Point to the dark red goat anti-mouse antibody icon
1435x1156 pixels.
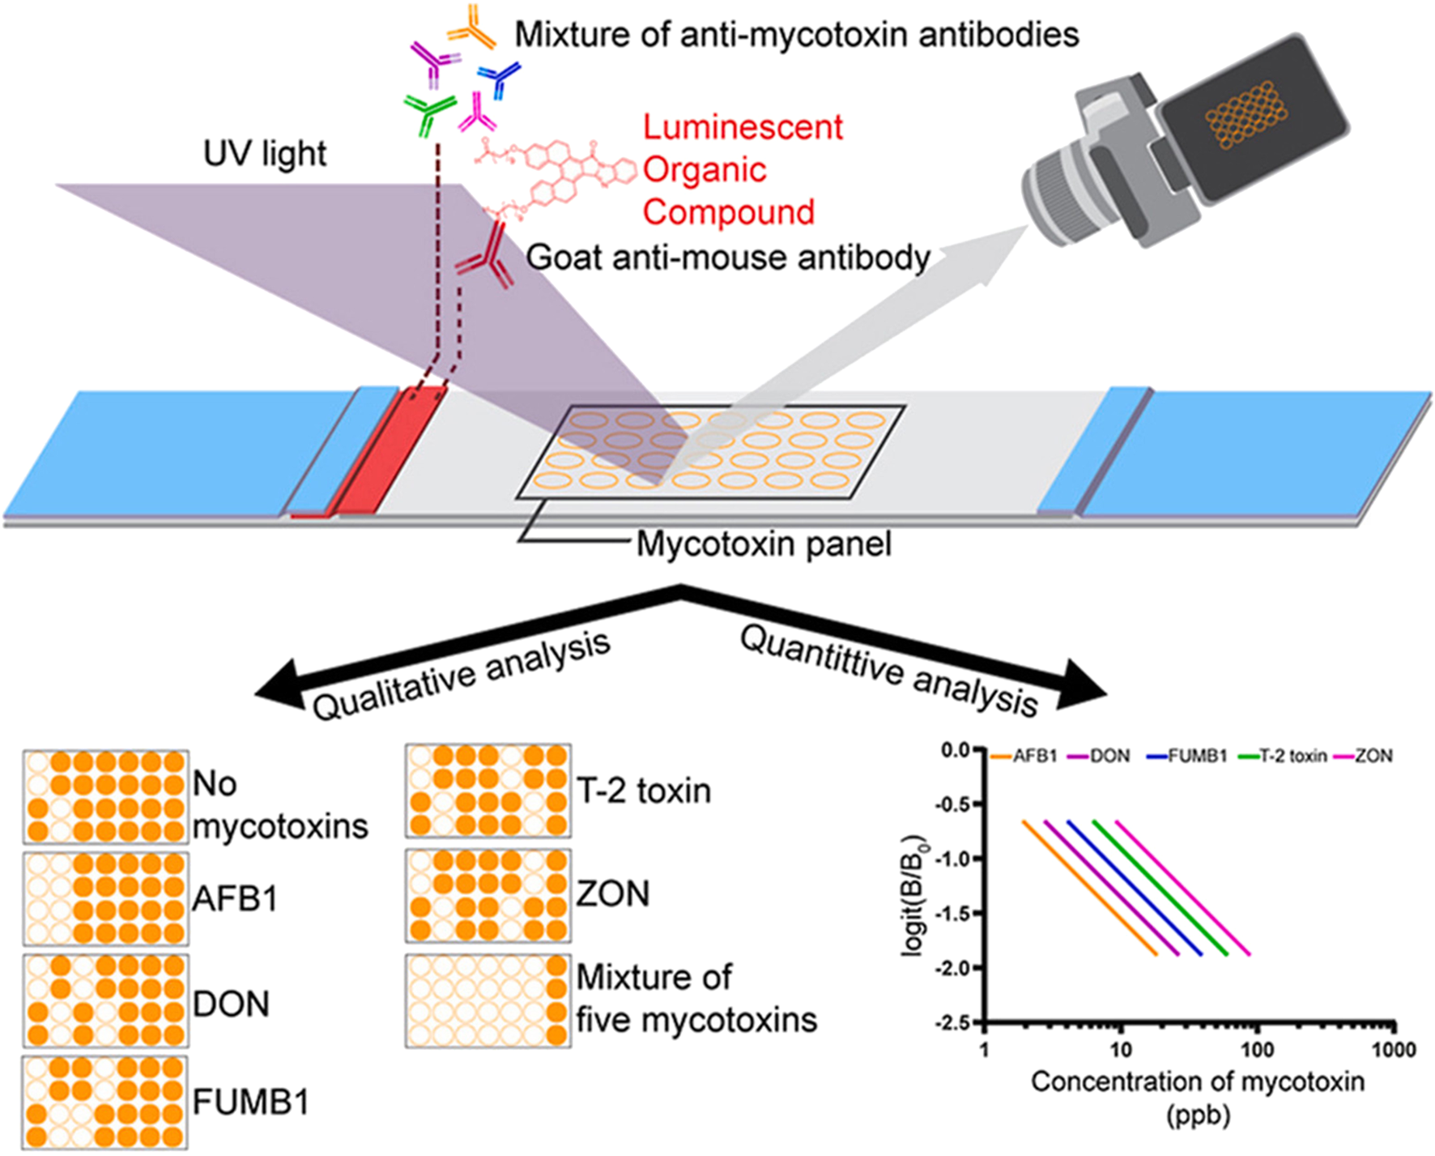click(486, 259)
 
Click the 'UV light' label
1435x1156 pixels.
click(265, 153)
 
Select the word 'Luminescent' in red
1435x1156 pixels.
click(743, 127)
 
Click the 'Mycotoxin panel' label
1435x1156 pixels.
click(763, 544)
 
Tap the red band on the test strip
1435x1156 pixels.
click(389, 454)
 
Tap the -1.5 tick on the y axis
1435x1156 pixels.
click(956, 913)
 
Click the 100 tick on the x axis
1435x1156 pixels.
click(1257, 1050)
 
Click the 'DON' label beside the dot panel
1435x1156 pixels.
click(231, 1005)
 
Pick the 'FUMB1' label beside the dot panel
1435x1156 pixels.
click(250, 1103)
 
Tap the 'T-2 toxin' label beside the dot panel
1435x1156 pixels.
click(643, 791)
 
